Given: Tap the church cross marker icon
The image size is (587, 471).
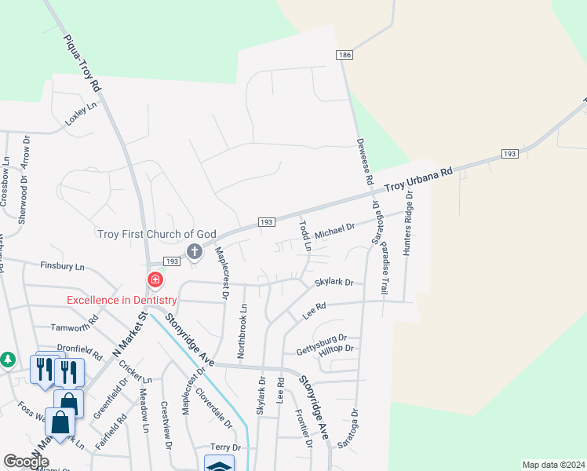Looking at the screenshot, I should tap(195, 251).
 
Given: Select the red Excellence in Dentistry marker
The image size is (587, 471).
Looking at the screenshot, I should tap(155, 280).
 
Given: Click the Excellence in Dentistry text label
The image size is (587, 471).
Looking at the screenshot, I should tap(120, 299).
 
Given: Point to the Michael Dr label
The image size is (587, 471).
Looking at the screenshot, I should tap(335, 231).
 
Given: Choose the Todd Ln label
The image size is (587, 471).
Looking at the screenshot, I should tap(305, 235).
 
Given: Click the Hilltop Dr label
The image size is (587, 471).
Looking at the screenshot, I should tap(337, 351).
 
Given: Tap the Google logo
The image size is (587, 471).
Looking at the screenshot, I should tap(26, 462).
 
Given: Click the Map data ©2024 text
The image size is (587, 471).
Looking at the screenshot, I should tap(553, 465).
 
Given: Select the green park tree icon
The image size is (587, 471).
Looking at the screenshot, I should tap(7, 359).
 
